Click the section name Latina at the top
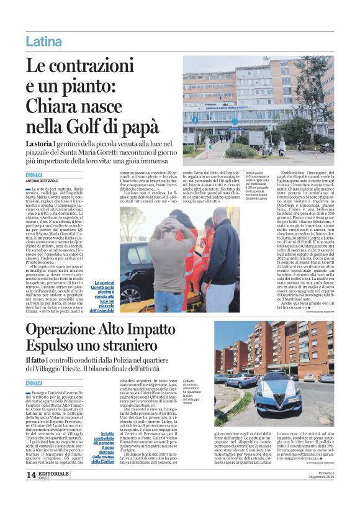(x=43, y=42)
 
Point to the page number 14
(x=30, y=492)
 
